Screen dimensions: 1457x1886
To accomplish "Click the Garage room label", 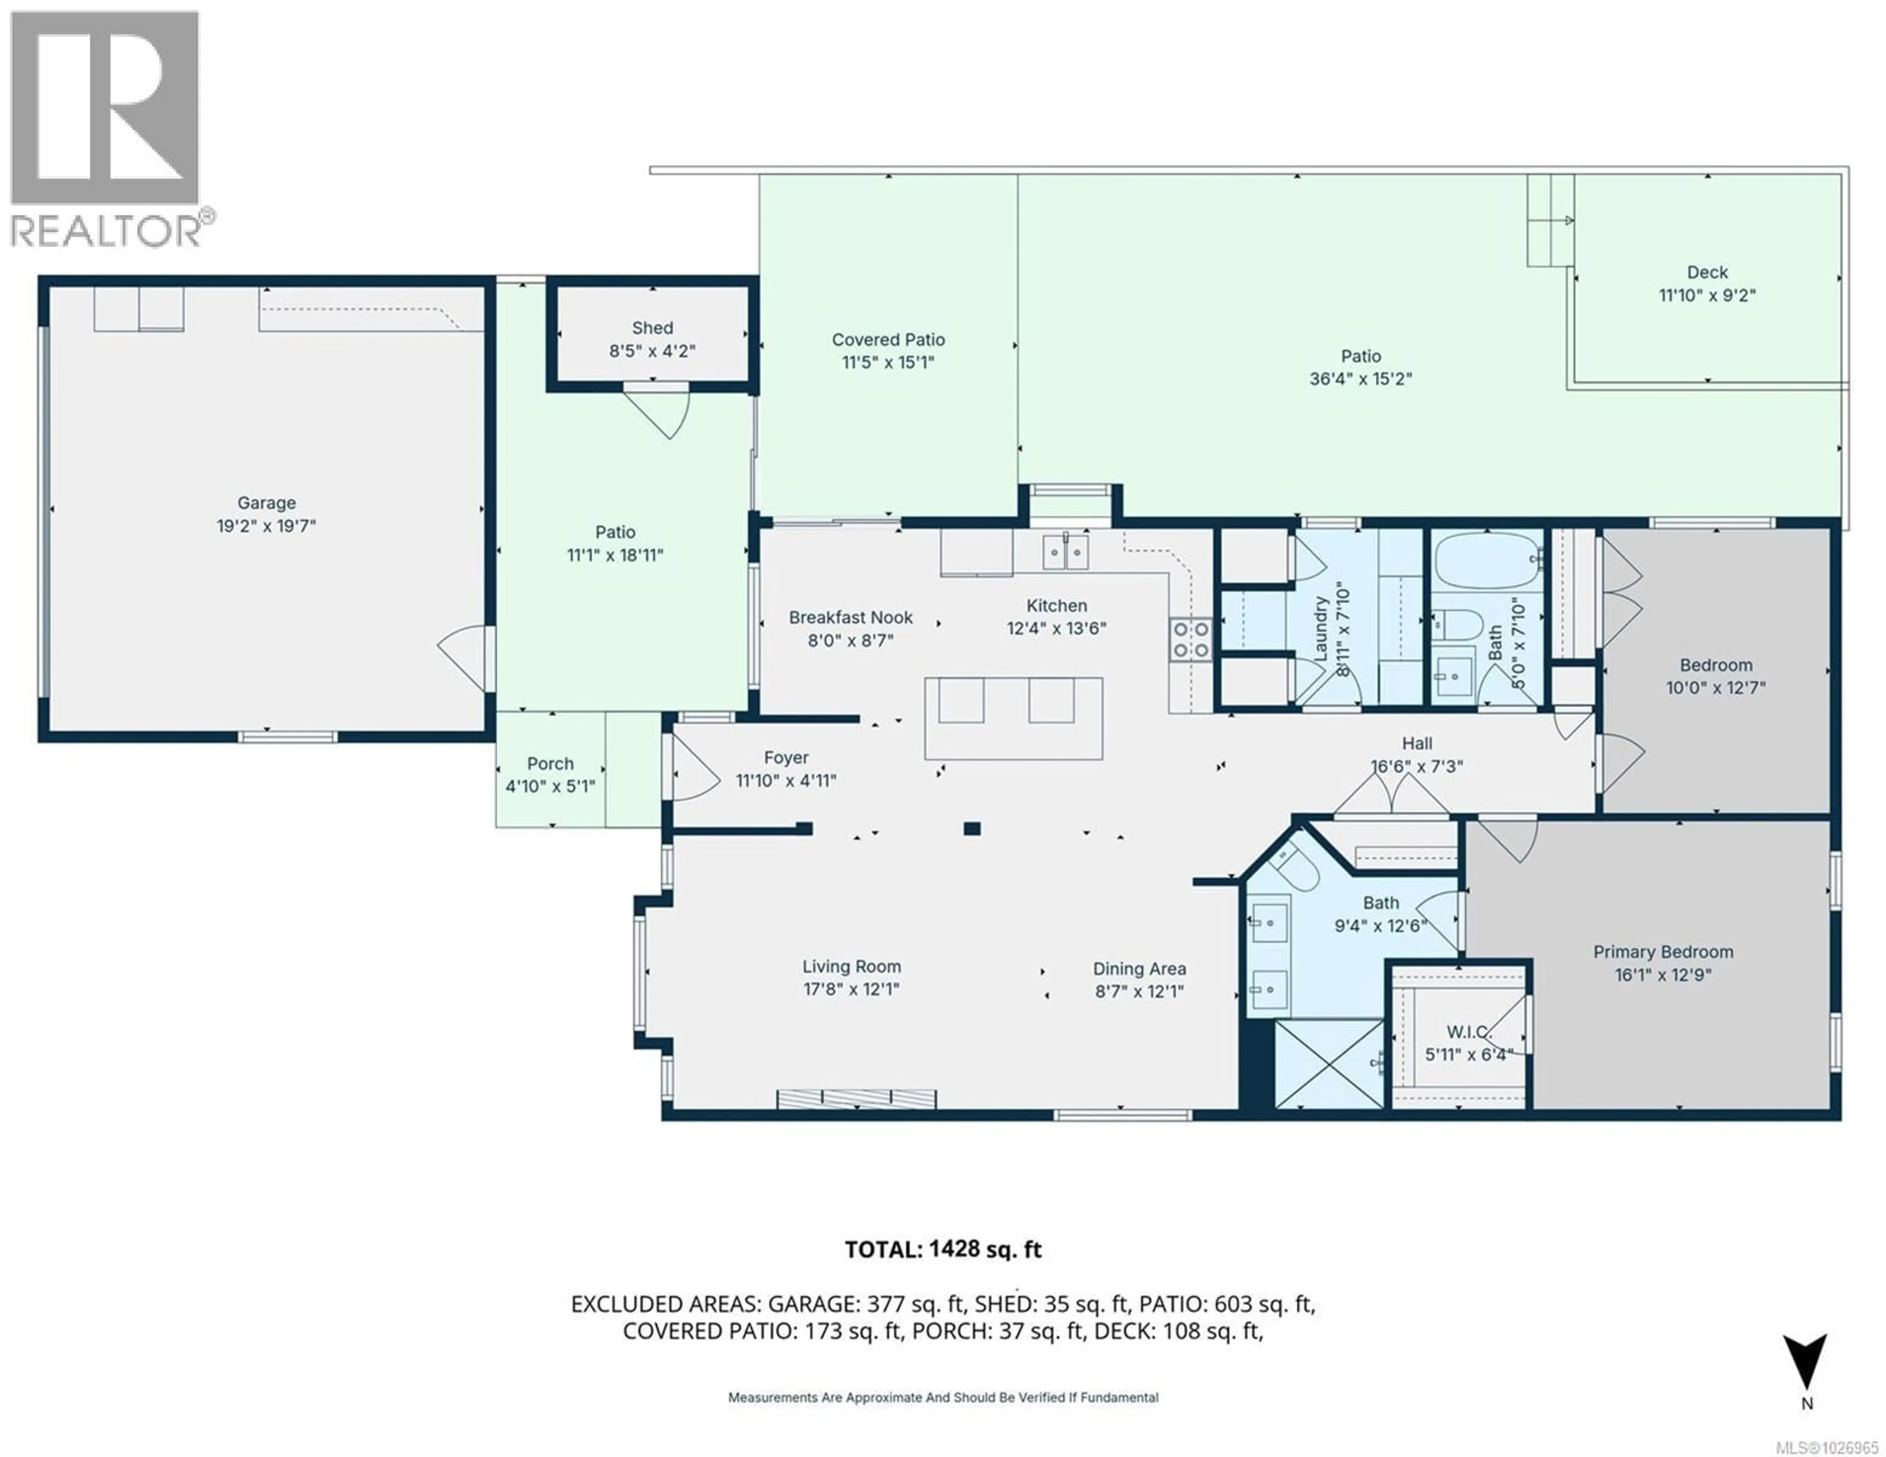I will pos(266,503).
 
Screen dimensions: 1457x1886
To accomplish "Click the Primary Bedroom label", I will pos(1663,952).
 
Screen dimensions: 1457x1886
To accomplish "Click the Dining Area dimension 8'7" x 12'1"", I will pos(1139,991).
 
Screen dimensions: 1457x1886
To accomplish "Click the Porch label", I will pos(550,764).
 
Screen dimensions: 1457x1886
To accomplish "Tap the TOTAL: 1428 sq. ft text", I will pos(942,1249).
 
